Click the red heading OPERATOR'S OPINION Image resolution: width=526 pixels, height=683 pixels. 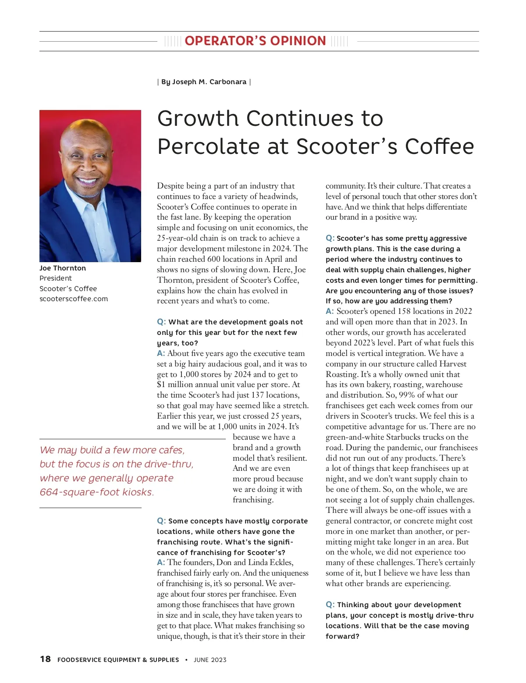[x=255, y=41]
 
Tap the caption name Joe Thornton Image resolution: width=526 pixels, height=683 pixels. [x=63, y=268]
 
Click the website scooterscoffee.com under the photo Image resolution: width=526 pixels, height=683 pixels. [x=74, y=299]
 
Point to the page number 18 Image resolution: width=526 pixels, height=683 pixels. [x=45, y=659]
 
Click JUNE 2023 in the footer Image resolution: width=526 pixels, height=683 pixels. [x=210, y=660]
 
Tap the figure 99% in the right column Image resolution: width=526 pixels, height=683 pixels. [x=407, y=395]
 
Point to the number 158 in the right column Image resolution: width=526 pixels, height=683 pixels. [x=405, y=311]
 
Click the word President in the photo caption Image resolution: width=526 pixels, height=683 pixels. [x=56, y=278]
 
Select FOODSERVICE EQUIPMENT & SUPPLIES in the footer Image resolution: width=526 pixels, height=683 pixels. [x=118, y=660]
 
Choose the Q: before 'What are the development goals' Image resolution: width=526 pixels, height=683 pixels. [x=161, y=322]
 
